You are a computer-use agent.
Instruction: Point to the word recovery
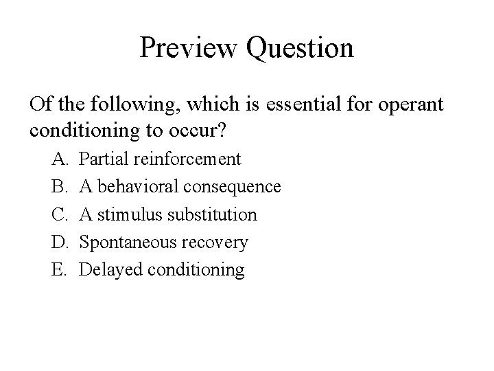point(216,243)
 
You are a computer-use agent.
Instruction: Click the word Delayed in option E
point(106,270)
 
